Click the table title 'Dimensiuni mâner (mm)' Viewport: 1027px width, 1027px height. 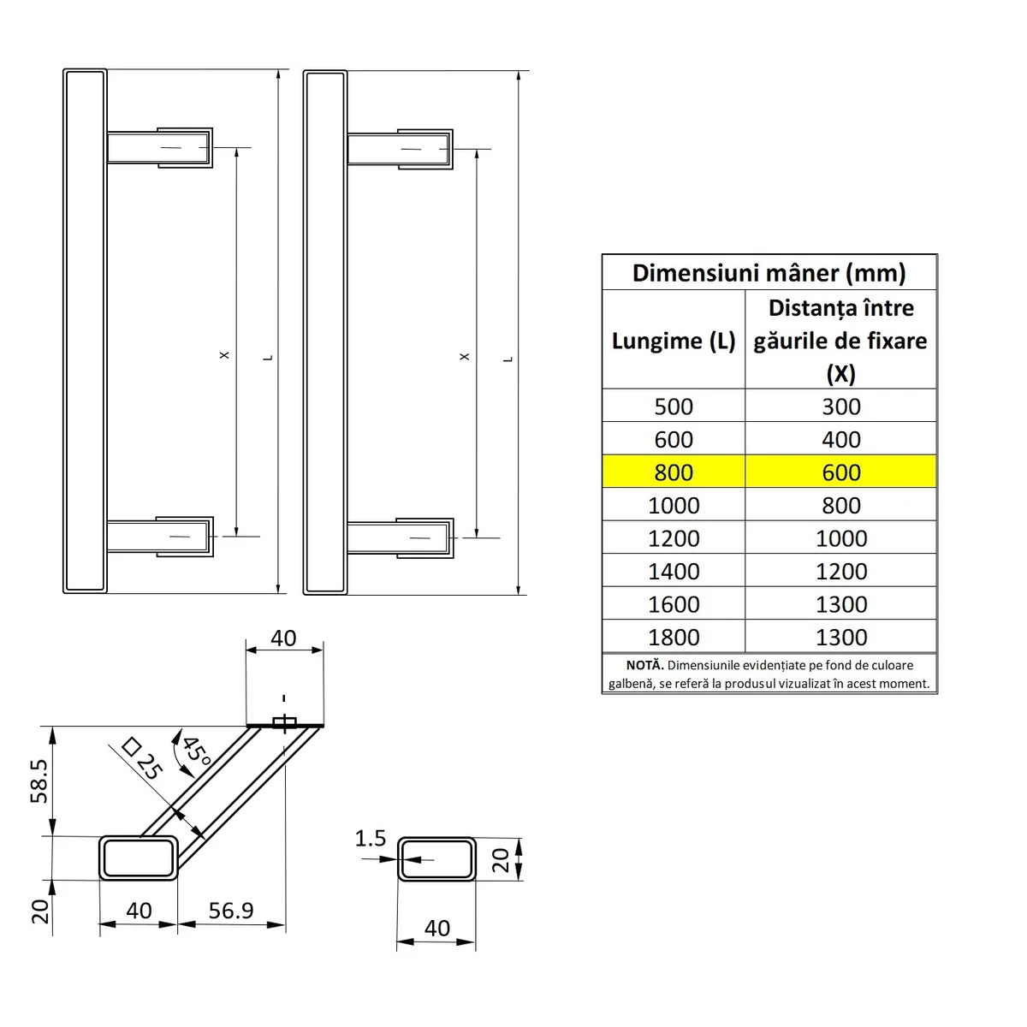pyautogui.click(x=769, y=273)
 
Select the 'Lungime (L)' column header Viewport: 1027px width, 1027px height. pyautogui.click(x=674, y=341)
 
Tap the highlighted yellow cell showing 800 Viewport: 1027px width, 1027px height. pyautogui.click(x=674, y=472)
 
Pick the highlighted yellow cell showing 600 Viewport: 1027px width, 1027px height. pyautogui.click(x=841, y=472)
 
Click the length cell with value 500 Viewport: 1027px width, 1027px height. pyautogui.click(x=674, y=407)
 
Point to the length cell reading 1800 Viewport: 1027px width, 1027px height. pyautogui.click(x=674, y=638)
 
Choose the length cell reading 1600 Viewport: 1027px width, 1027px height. pyautogui.click(x=674, y=604)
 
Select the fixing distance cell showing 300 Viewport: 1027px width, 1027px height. pyautogui.click(x=841, y=407)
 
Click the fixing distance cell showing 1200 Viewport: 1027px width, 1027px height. pyautogui.click(x=841, y=572)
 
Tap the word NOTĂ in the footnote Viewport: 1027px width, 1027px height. pyautogui.click(x=644, y=665)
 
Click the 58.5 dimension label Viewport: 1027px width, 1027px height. pyautogui.click(x=39, y=780)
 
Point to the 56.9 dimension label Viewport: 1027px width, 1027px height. pyautogui.click(x=231, y=911)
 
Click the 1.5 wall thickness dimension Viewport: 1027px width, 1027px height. pyautogui.click(x=371, y=839)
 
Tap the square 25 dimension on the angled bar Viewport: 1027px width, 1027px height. pyautogui.click(x=142, y=757)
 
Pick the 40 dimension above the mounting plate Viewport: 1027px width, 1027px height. pyautogui.click(x=283, y=638)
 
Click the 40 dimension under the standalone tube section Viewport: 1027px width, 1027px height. pyautogui.click(x=436, y=929)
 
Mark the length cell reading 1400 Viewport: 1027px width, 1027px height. pyautogui.click(x=674, y=572)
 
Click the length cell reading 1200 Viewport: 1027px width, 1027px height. pyautogui.click(x=674, y=538)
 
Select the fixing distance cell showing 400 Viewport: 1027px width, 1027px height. pyautogui.click(x=841, y=440)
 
